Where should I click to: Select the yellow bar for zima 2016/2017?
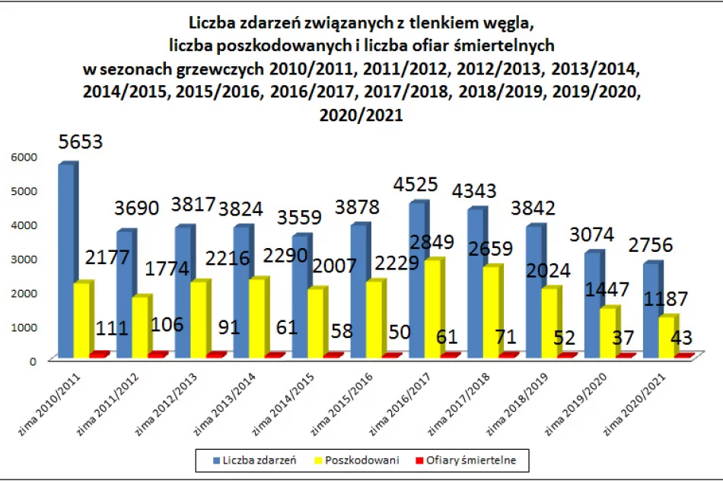coord(416,308)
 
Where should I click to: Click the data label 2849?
coord(432,243)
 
